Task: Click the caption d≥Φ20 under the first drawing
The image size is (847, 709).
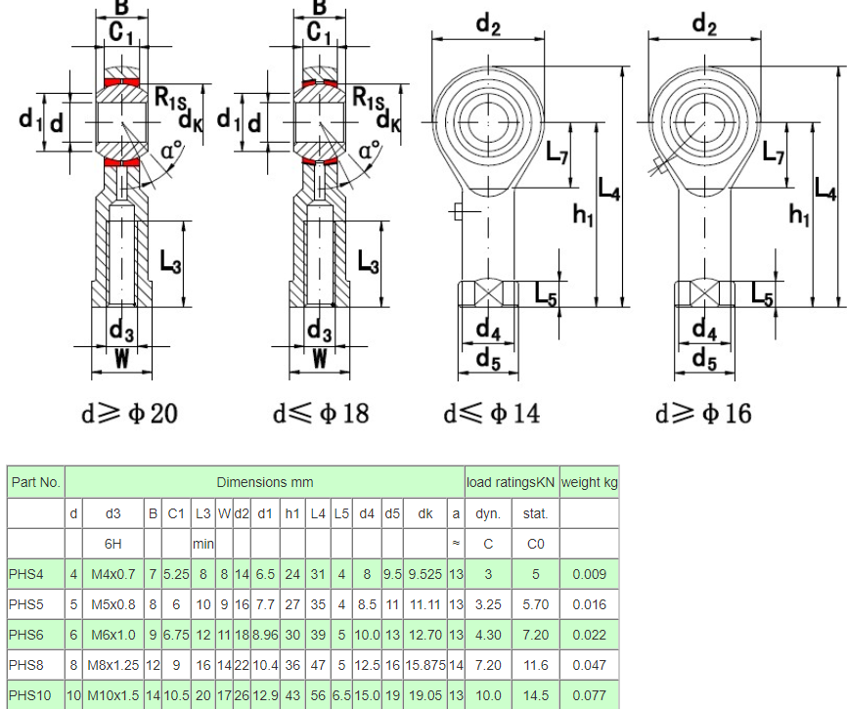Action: click(129, 414)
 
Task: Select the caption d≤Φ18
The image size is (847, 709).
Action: click(321, 414)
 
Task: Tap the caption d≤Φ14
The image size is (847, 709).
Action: click(491, 414)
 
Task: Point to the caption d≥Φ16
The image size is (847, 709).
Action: click(703, 414)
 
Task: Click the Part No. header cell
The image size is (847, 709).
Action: click(35, 482)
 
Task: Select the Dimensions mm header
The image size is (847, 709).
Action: click(264, 482)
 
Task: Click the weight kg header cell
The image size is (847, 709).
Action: click(589, 482)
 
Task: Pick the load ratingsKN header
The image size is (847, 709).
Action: click(512, 482)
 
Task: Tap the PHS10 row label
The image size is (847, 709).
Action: click(29, 695)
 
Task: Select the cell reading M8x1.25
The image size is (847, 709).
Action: click(112, 665)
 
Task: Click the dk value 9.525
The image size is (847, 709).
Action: click(424, 574)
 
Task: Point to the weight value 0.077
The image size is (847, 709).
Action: click(589, 695)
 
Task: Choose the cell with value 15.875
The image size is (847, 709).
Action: click(424, 665)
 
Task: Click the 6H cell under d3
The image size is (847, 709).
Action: click(112, 543)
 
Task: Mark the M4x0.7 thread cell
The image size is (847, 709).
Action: click(112, 574)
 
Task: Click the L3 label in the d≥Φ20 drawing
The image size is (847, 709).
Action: click(170, 262)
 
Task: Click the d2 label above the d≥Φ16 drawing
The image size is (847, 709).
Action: click(703, 22)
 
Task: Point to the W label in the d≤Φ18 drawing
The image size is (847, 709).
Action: click(319, 360)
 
